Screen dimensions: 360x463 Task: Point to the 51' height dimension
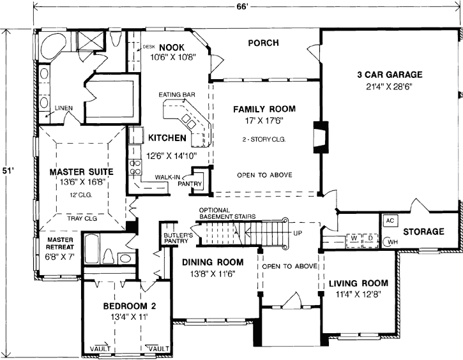6,171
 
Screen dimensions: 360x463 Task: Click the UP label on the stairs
296,234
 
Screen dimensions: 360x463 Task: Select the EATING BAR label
178,96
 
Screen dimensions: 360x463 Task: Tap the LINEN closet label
63,107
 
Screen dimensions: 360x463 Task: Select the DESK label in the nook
148,47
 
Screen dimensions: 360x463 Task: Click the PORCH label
262,43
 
